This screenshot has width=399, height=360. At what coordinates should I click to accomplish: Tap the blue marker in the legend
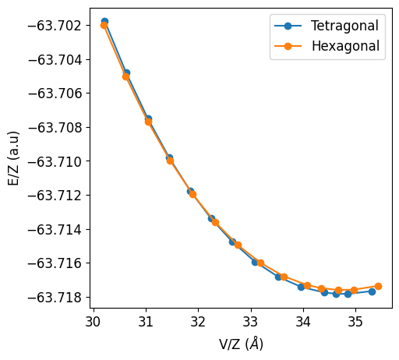(288, 26)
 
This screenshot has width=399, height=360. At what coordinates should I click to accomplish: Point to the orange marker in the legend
(288, 46)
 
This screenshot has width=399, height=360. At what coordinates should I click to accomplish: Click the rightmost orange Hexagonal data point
(378, 286)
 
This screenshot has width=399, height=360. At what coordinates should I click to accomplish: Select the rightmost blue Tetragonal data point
(372, 291)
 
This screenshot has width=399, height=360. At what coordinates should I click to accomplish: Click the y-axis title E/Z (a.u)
(13, 158)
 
